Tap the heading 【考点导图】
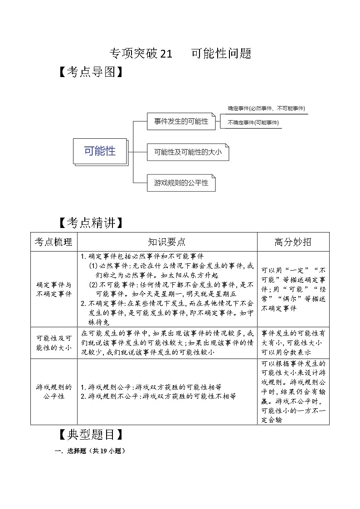[91, 73]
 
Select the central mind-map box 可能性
[100, 151]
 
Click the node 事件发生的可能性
[181, 121]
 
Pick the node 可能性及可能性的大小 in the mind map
[188, 152]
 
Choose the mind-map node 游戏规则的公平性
[181, 183]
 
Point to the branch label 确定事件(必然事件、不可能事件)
[266, 108]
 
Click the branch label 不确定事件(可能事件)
[253, 122]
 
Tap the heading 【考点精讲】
[91, 223]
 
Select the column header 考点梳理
[54, 242]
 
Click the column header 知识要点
[167, 242]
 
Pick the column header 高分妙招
[293, 242]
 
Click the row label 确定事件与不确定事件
[54, 289]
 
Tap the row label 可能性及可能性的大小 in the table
[54, 343]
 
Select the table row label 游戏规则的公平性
[54, 392]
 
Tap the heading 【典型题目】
[91, 435]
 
